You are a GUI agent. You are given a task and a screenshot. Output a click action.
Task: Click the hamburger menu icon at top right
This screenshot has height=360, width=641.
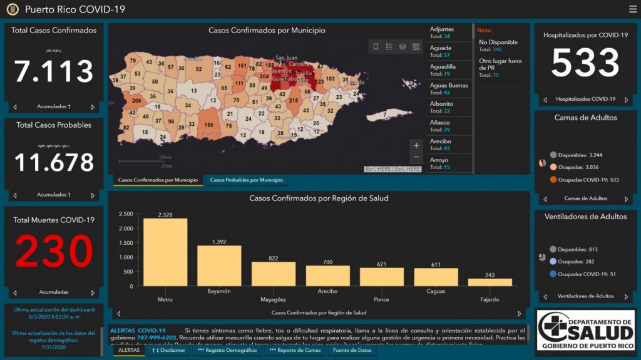click(x=632, y=9)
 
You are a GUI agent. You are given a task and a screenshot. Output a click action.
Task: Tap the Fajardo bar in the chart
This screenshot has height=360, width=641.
click(x=490, y=282)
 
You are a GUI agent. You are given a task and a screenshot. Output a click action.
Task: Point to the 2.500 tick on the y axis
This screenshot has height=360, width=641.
click(x=125, y=214)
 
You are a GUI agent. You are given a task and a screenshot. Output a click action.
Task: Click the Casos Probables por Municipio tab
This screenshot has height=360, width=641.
click(x=246, y=180)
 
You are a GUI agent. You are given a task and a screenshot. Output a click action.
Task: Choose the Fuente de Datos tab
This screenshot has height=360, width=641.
click(x=352, y=351)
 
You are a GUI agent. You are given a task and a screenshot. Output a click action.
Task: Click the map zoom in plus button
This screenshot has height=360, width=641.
click(x=416, y=145)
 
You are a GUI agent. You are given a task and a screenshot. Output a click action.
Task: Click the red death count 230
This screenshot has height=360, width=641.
click(x=54, y=251)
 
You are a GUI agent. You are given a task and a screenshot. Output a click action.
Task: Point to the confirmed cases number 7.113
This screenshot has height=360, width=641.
click(x=54, y=71)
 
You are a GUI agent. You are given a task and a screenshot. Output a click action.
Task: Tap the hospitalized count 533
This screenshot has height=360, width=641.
click(x=585, y=63)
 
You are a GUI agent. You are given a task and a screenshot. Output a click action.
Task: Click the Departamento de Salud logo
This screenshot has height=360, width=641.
click(x=586, y=329)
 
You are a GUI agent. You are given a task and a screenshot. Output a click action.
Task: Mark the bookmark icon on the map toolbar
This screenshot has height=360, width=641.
click(x=376, y=46)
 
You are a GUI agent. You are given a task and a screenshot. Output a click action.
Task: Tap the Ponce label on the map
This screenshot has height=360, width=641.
click(x=209, y=133)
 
